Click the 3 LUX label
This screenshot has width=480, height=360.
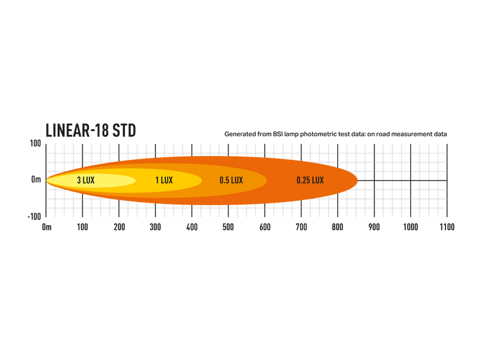(x=86, y=180)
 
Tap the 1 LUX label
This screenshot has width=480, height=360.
(x=164, y=180)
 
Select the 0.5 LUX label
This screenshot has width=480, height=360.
(x=231, y=180)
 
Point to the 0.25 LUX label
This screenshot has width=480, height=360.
(x=310, y=180)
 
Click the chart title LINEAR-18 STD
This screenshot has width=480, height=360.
(x=91, y=130)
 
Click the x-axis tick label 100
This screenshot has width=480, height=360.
(x=83, y=227)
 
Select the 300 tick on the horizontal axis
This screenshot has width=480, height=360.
(x=156, y=227)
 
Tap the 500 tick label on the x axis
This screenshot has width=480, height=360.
(x=228, y=227)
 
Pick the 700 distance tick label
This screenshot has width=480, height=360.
(x=301, y=227)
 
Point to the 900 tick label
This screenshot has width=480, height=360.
(x=374, y=227)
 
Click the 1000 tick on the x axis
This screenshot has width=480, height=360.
(x=410, y=227)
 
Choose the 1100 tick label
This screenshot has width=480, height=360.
(x=447, y=227)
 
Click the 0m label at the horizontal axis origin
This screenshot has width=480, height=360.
(x=47, y=227)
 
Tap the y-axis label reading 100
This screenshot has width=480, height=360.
(x=35, y=143)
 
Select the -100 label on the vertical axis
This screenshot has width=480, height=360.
(x=34, y=217)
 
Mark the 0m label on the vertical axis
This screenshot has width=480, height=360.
(x=36, y=180)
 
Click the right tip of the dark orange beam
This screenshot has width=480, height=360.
(x=358, y=180)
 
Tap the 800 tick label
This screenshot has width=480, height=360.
(x=338, y=227)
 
